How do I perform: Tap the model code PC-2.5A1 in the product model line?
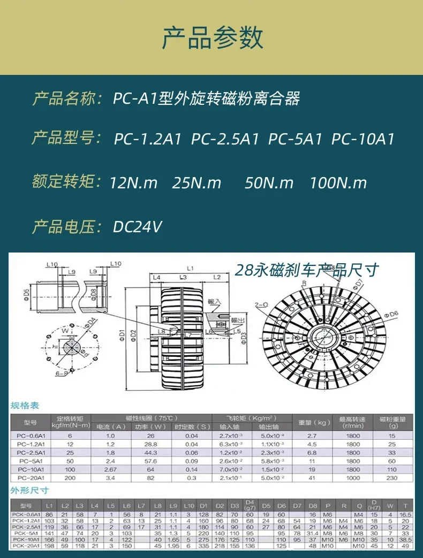[x=225, y=139]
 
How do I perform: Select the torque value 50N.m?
[x=269, y=183]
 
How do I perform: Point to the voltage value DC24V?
[x=137, y=227]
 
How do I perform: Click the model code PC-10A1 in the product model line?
[x=362, y=139]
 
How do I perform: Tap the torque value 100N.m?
[x=338, y=183]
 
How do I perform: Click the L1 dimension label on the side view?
[x=190, y=267]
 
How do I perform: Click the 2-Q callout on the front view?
[x=262, y=305]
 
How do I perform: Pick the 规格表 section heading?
[x=25, y=406]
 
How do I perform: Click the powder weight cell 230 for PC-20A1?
[x=392, y=477]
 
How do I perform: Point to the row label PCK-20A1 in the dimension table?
[x=25, y=546]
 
